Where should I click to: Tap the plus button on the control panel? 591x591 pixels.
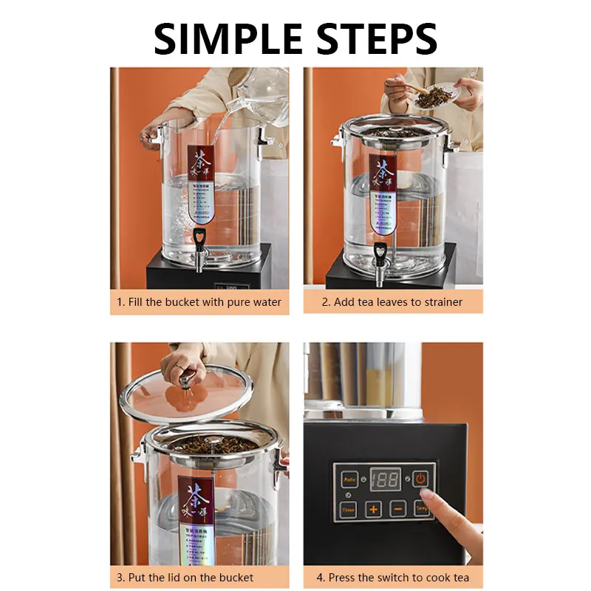point(374,509)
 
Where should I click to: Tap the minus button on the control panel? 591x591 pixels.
point(397,509)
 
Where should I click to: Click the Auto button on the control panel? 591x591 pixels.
point(349,479)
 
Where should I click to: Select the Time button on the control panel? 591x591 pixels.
point(349,509)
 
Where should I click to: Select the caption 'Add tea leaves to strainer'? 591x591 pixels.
point(392,302)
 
